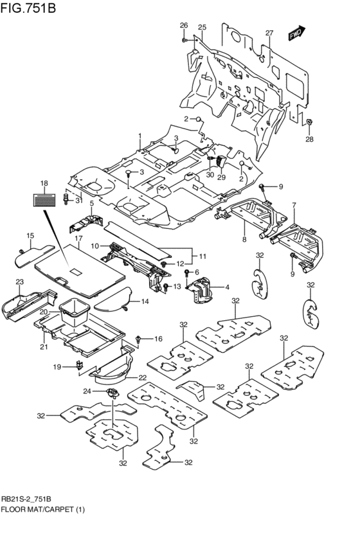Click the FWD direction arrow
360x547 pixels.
[296, 33]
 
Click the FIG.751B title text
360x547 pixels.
[28, 7]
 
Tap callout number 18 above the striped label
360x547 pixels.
[44, 183]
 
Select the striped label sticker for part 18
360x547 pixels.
[44, 200]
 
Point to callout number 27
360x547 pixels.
[269, 33]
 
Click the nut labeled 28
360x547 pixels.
[309, 122]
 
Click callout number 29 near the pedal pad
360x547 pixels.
[222, 177]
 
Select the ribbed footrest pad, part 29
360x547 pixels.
[221, 161]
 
